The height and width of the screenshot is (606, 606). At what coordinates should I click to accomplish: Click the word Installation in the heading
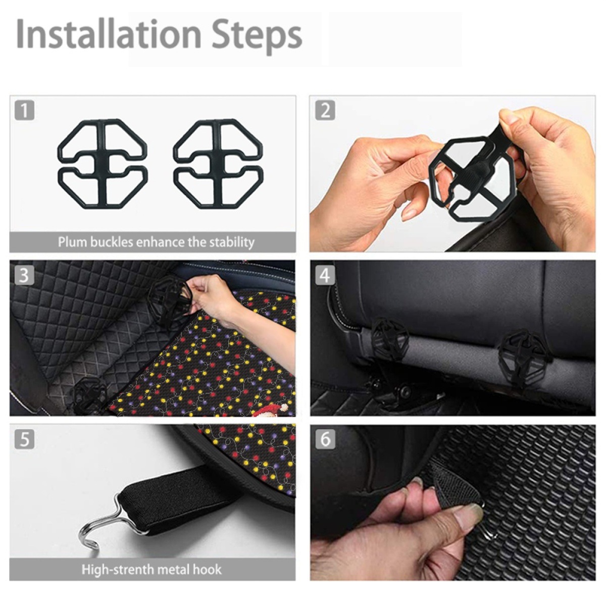[109, 33]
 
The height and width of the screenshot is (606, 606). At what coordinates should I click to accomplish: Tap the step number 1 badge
[24, 111]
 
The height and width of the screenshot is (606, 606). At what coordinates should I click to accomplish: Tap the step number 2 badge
[325, 111]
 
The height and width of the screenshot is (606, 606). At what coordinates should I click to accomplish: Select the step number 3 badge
[24, 276]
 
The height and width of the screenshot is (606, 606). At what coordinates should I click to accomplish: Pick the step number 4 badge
[325, 276]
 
